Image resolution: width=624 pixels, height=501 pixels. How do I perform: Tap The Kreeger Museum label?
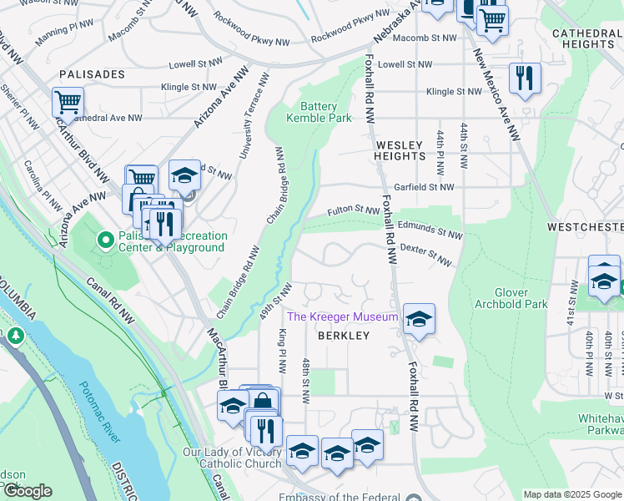click(x=342, y=316)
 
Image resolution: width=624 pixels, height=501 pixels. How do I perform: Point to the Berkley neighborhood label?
click(x=342, y=336)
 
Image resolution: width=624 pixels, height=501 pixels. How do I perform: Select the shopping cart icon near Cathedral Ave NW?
click(x=68, y=103)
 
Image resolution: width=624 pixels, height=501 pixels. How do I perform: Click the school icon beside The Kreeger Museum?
click(x=419, y=318)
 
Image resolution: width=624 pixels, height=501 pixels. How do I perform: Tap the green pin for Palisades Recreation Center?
click(x=106, y=240)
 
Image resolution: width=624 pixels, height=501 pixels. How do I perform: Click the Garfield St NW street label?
click(x=424, y=187)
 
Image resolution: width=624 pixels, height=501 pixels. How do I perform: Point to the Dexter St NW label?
click(x=426, y=255)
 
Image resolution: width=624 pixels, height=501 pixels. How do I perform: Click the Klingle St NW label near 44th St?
click(x=453, y=92)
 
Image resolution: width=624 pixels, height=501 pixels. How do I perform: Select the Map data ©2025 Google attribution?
click(x=572, y=494)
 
